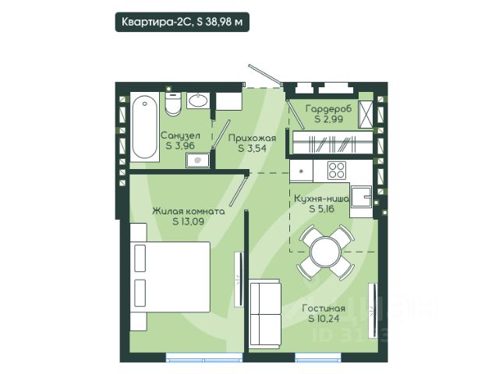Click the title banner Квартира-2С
click(x=182, y=22)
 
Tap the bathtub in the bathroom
click(x=145, y=127)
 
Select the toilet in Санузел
click(x=173, y=104)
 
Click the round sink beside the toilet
click(x=198, y=101)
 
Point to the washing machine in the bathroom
click(x=198, y=161)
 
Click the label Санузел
click(x=180, y=136)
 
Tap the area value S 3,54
click(x=253, y=148)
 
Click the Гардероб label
click(x=329, y=109)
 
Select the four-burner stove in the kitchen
click(x=337, y=171)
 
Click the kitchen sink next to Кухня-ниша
click(x=361, y=196)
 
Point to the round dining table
click(x=326, y=252)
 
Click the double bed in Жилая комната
click(x=170, y=277)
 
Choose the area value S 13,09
click(x=188, y=221)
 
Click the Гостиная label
click(x=324, y=309)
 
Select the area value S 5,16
click(x=322, y=209)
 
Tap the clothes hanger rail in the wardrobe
click(x=333, y=143)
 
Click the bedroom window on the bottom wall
click(x=204, y=358)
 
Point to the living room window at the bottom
click(x=318, y=358)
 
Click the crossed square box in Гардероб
click(x=366, y=115)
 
